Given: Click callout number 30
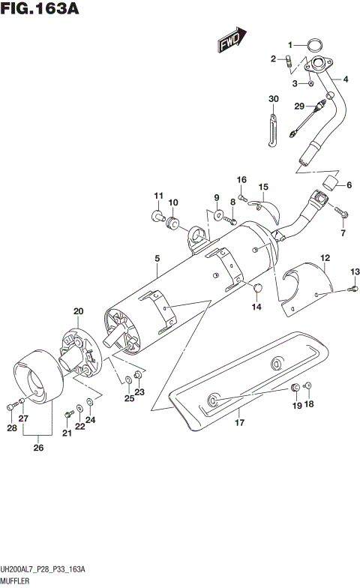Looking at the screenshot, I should [x=273, y=99].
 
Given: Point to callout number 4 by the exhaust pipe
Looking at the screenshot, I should [x=346, y=79].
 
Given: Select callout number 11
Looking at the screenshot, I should [x=158, y=196].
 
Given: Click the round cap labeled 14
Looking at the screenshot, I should [x=257, y=289].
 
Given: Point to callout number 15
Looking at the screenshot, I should [x=263, y=187].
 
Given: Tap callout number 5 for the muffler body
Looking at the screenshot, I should [x=157, y=259].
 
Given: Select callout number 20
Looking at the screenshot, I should [x=78, y=310].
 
